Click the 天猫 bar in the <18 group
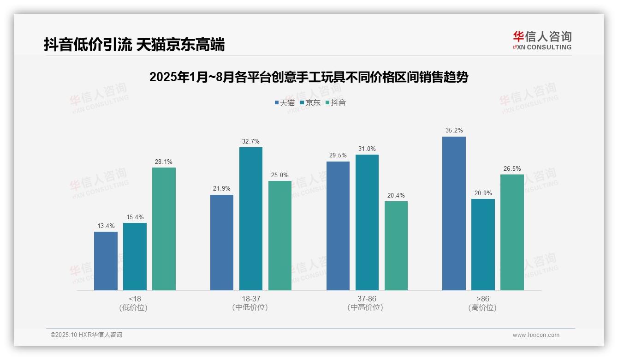[x=106, y=261]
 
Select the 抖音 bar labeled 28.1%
[x=164, y=228]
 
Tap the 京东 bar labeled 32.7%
[x=250, y=219]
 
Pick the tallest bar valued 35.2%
[x=454, y=213]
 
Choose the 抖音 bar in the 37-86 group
[x=396, y=246]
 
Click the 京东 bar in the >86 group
[x=483, y=245]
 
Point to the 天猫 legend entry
[x=284, y=102]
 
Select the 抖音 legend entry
[x=336, y=102]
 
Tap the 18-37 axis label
[x=250, y=299]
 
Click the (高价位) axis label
[x=482, y=307]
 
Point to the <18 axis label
[x=135, y=299]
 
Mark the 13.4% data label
[x=106, y=226]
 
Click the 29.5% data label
[x=338, y=156]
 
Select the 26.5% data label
[x=512, y=168]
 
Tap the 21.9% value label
[x=221, y=189]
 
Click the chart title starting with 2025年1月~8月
[x=309, y=77]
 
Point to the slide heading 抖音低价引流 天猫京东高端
[x=134, y=45]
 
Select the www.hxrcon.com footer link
[x=536, y=335]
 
